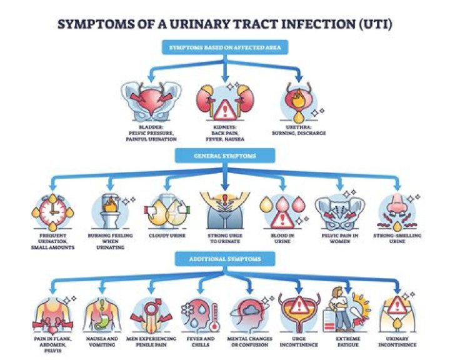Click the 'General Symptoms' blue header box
(225, 156)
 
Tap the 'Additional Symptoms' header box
(225, 259)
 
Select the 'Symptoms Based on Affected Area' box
(225, 47)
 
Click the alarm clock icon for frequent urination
(52, 212)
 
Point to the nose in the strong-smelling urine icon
(397, 203)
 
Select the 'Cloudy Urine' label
(167, 236)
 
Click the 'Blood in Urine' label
(282, 238)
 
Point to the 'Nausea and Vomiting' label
(102, 342)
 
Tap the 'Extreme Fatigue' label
(348, 342)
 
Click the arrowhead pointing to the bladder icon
(151, 77)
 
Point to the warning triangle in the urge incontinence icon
(299, 304)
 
